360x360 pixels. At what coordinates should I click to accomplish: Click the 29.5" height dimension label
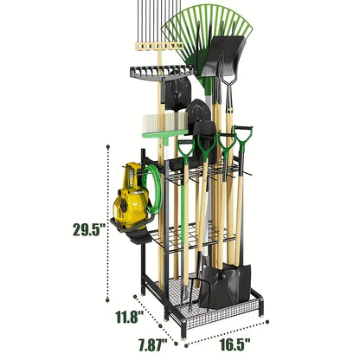pyautogui.click(x=89, y=229)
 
